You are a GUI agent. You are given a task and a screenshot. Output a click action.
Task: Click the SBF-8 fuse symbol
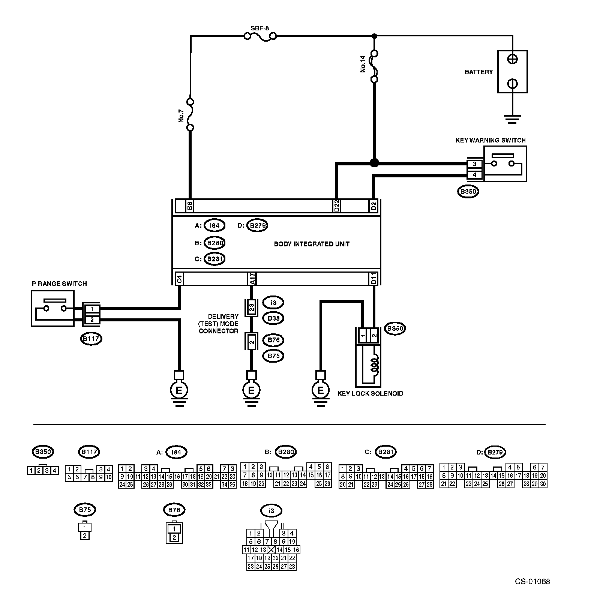click(x=260, y=36)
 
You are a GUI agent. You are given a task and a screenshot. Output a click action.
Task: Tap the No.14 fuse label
click(x=363, y=64)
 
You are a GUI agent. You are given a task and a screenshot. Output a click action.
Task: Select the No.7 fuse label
click(x=181, y=115)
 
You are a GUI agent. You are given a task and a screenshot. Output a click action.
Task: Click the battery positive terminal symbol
click(x=513, y=59)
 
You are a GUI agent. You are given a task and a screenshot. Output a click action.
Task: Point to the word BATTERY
click(x=478, y=72)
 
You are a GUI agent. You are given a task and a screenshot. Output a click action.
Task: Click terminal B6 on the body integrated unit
click(x=190, y=206)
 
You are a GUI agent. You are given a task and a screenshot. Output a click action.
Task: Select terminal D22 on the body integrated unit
click(x=336, y=206)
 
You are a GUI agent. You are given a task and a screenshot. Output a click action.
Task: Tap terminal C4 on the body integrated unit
click(x=179, y=279)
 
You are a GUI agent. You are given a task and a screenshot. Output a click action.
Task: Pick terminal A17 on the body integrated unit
click(x=252, y=279)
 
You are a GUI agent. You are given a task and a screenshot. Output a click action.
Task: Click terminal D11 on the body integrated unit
click(x=373, y=279)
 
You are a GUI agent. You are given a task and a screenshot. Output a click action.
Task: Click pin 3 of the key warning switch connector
click(x=475, y=164)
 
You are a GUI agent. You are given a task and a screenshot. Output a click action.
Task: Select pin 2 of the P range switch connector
click(x=92, y=320)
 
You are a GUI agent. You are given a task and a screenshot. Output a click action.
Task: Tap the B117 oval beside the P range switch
click(x=91, y=339)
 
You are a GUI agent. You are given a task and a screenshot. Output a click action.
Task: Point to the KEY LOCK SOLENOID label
click(x=370, y=393)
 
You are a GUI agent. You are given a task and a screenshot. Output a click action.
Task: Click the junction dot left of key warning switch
click(x=374, y=163)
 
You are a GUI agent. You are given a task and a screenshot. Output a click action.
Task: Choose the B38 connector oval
click(x=273, y=318)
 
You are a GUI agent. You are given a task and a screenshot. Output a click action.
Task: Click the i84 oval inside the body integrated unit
click(x=214, y=226)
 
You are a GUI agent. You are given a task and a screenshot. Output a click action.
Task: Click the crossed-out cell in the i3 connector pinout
click(x=271, y=550)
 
